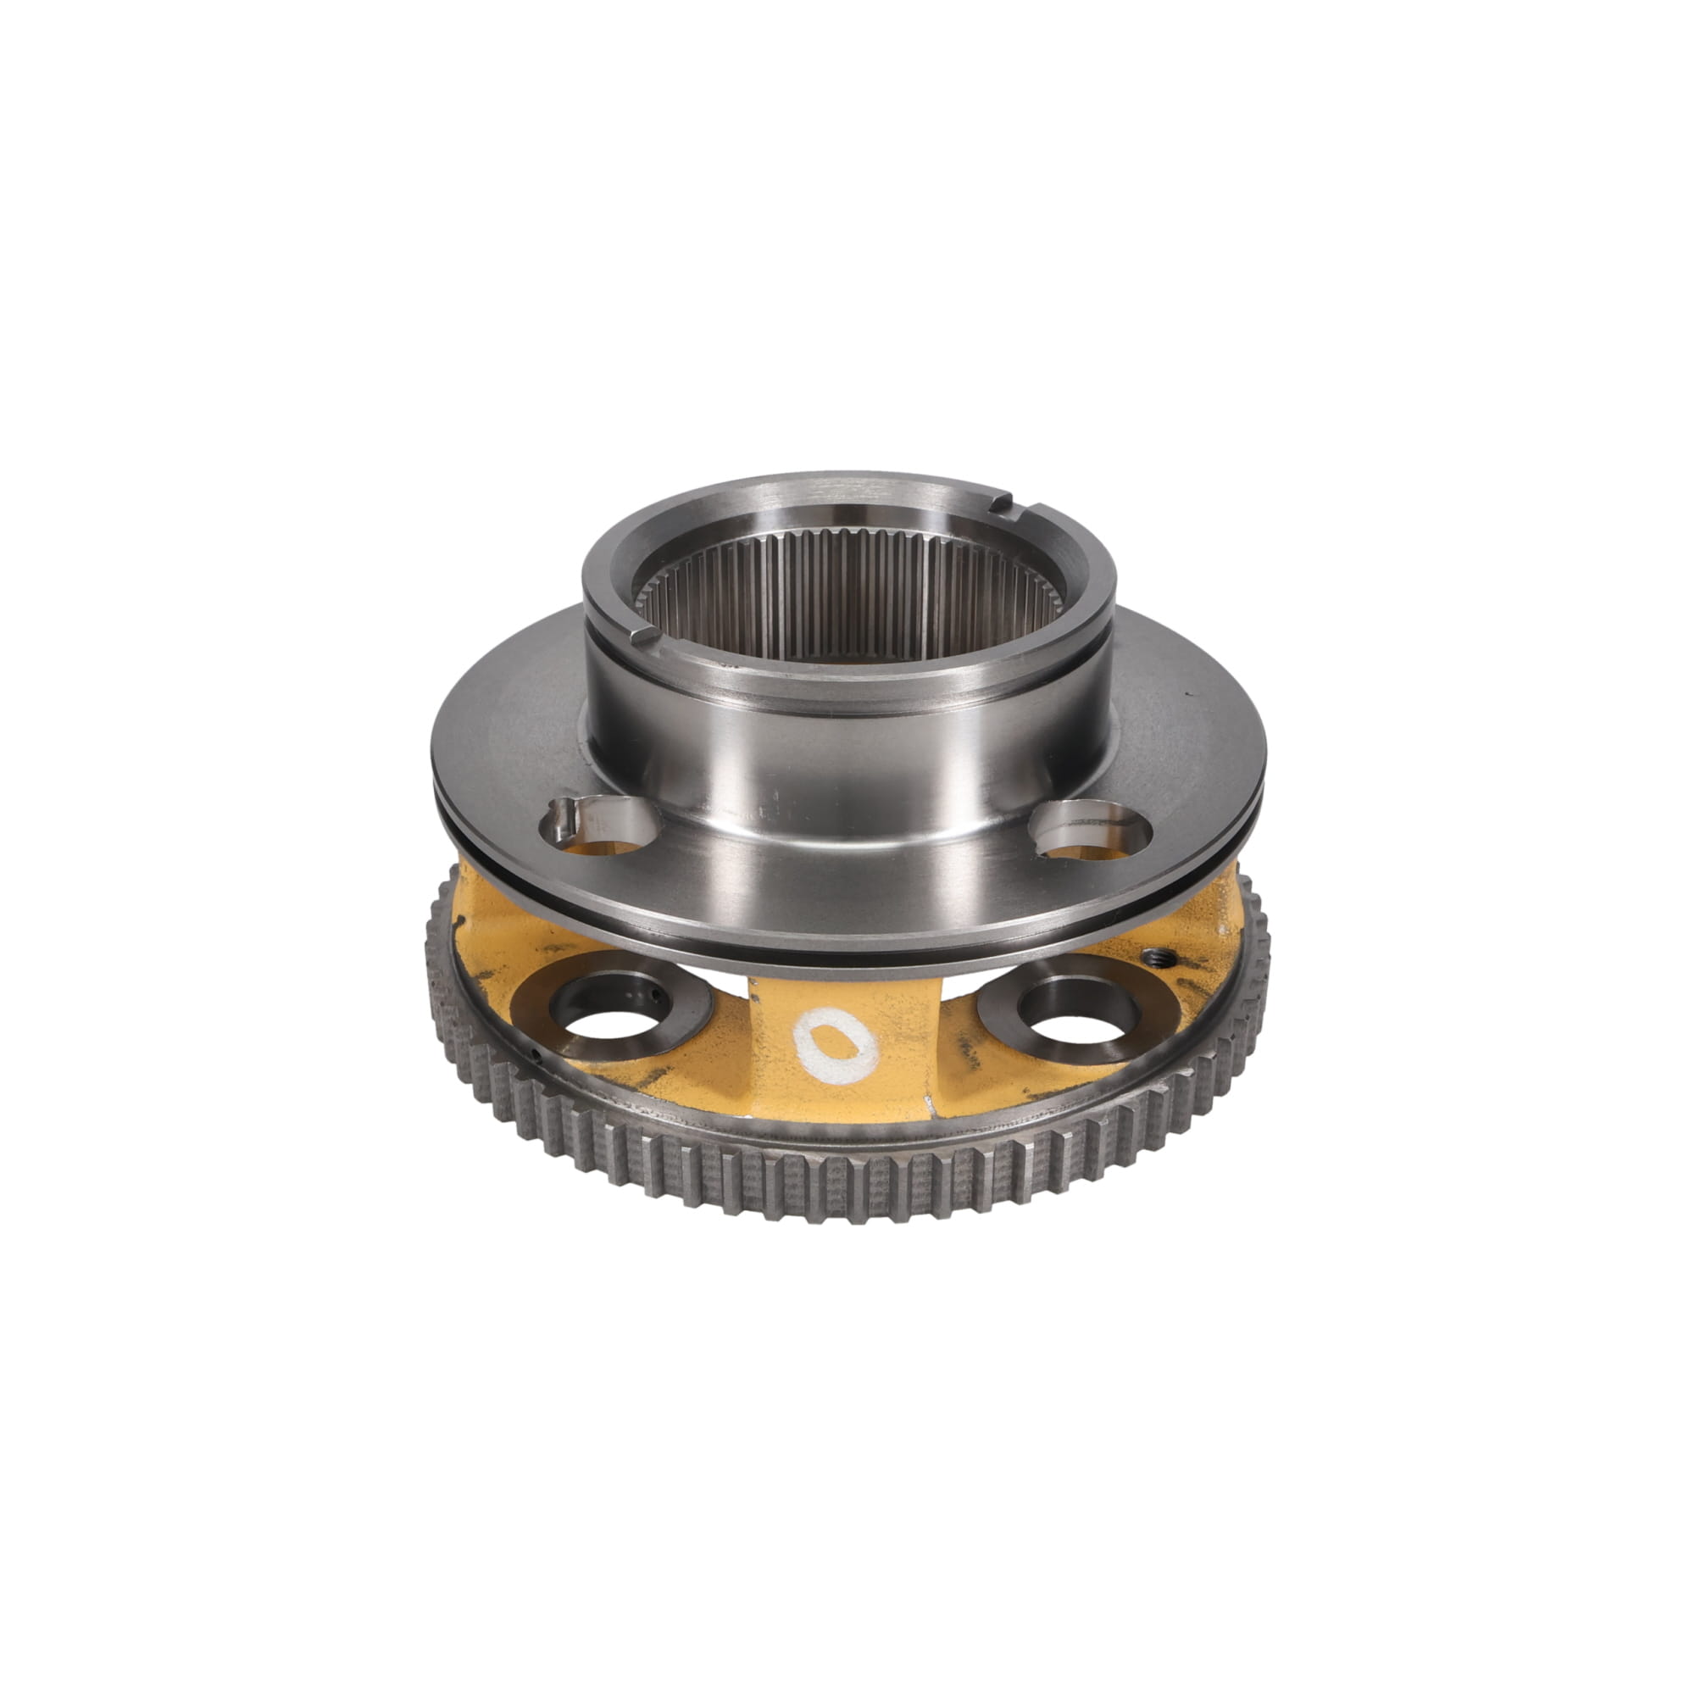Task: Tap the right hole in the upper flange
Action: [1091, 829]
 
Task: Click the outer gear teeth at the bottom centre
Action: [842, 1193]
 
